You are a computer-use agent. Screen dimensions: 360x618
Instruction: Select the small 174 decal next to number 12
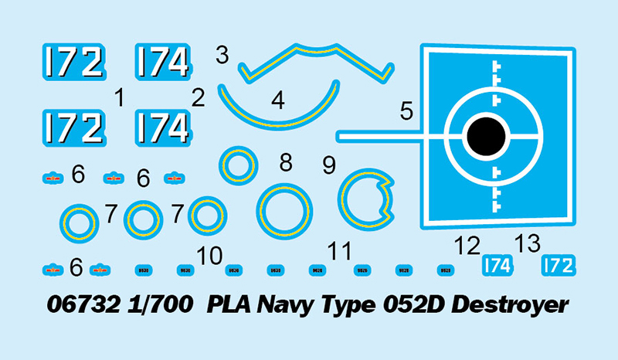pos(497,266)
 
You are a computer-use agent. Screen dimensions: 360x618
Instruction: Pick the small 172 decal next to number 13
pos(558,266)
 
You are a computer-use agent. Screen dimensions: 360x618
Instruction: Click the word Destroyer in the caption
pos(510,304)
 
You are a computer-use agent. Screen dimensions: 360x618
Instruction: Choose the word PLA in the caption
pos(225,304)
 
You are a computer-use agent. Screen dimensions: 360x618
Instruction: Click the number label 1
pos(119,98)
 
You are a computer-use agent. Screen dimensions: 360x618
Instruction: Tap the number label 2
pos(199,98)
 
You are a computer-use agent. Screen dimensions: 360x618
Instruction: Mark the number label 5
pos(406,111)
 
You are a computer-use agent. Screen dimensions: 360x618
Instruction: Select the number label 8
pos(286,163)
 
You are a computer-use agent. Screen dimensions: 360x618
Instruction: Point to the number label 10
pos(209,256)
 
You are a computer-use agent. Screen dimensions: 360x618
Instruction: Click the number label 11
pos(338,252)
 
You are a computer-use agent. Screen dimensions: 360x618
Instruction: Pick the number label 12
pos(468,247)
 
